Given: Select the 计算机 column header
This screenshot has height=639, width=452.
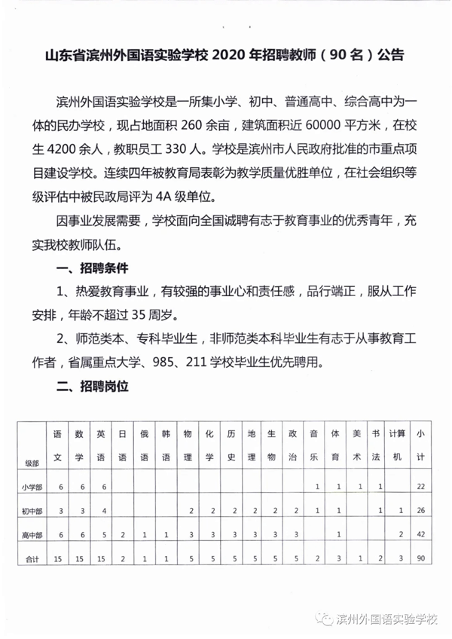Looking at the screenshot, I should tap(397, 445).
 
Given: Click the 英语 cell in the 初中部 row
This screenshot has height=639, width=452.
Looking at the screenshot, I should tap(101, 511).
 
